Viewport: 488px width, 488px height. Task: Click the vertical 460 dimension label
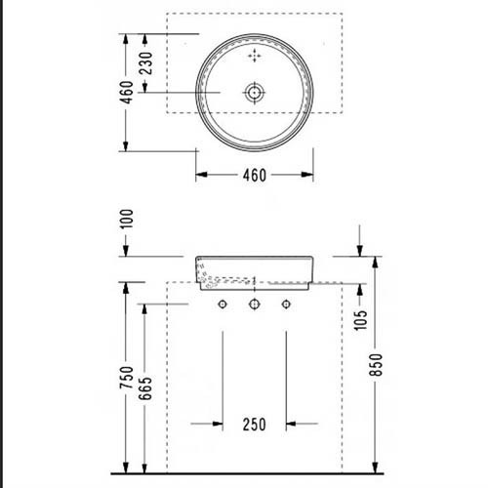[x=127, y=92]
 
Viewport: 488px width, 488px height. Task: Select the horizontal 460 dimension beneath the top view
[x=255, y=175]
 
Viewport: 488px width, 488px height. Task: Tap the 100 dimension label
[x=127, y=219]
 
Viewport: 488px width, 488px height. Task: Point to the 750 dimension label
[x=127, y=377]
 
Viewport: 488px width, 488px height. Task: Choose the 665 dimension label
[x=145, y=388]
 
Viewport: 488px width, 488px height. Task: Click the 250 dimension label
[x=255, y=425]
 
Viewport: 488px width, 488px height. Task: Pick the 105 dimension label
[x=360, y=320]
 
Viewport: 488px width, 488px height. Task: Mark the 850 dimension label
[x=376, y=365]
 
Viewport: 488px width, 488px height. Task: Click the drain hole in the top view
[x=255, y=93]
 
